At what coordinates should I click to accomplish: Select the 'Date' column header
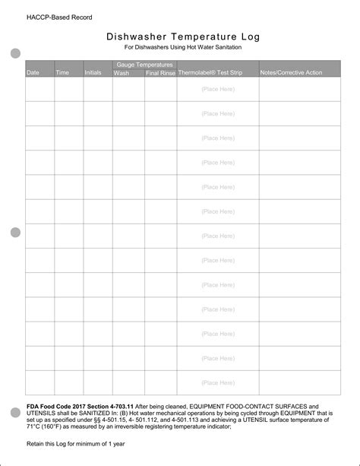(33, 73)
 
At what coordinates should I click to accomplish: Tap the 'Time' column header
(62, 73)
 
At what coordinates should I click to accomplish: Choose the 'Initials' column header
(93, 73)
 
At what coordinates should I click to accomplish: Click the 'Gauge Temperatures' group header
(144, 65)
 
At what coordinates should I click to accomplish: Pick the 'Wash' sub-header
(122, 73)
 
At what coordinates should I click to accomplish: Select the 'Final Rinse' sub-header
(161, 73)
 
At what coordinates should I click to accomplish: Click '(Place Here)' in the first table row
(218, 90)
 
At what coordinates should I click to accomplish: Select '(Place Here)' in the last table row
(218, 382)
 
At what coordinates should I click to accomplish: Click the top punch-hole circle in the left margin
(15, 53)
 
